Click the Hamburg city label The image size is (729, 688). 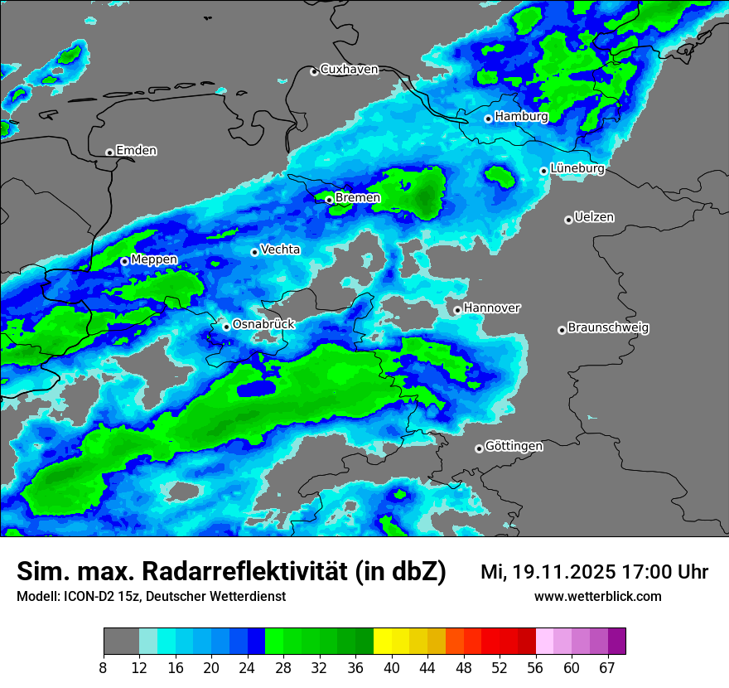coord(521,117)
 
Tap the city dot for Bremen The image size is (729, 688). coord(329,200)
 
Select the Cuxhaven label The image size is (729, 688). coord(349,70)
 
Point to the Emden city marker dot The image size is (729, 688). coord(109,153)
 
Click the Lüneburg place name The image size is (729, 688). coord(577,169)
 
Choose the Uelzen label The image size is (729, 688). coord(594,218)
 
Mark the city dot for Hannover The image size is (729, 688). coord(457,310)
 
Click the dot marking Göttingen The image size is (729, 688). coord(479,448)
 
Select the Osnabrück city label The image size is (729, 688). coord(263,325)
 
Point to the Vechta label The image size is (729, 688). coord(280,250)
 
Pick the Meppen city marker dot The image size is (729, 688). coord(124,261)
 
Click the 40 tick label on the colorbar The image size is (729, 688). coord(392,668)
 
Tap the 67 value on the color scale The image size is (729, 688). coord(607,668)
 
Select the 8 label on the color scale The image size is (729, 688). coord(104,668)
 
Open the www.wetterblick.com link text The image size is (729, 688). coord(597,596)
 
